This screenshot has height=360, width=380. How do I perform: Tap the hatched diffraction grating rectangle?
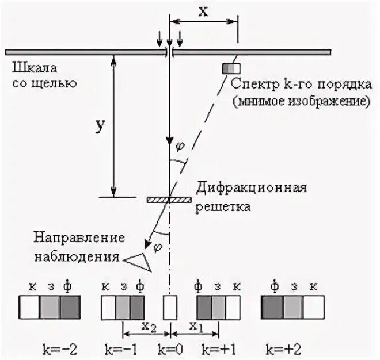click(169, 200)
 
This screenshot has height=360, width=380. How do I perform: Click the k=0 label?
click(169, 348)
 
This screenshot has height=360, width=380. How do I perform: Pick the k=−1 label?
click(122, 348)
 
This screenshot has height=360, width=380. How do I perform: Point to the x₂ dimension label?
click(148, 327)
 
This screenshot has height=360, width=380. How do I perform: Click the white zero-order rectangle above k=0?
click(169, 307)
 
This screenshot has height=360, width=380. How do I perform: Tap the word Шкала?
click(27, 67)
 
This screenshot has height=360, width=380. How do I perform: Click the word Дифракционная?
click(252, 188)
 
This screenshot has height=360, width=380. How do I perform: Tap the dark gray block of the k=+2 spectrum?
click(272, 307)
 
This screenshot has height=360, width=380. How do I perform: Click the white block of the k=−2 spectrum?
click(29, 307)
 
